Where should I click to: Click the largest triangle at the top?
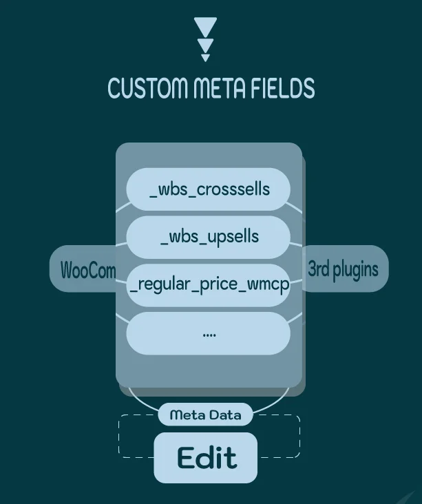205,26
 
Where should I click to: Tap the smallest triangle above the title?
205,58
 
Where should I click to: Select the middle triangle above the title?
205,45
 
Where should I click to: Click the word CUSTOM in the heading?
147,87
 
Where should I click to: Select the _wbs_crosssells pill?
209,189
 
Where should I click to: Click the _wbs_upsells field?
209,238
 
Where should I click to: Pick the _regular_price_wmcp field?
209,285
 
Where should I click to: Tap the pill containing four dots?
209,333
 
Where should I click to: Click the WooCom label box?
83,269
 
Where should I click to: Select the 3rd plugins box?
345,269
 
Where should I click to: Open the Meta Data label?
205,414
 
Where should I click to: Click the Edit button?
206,458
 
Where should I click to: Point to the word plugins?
355,270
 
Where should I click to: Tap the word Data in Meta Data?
225,415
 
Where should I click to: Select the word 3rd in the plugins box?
319,268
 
